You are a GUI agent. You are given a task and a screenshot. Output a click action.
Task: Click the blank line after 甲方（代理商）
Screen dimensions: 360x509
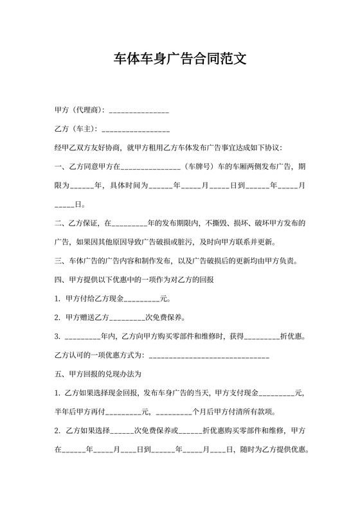[139, 111]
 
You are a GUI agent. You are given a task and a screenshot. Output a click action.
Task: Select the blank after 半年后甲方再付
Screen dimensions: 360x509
[122, 411]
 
